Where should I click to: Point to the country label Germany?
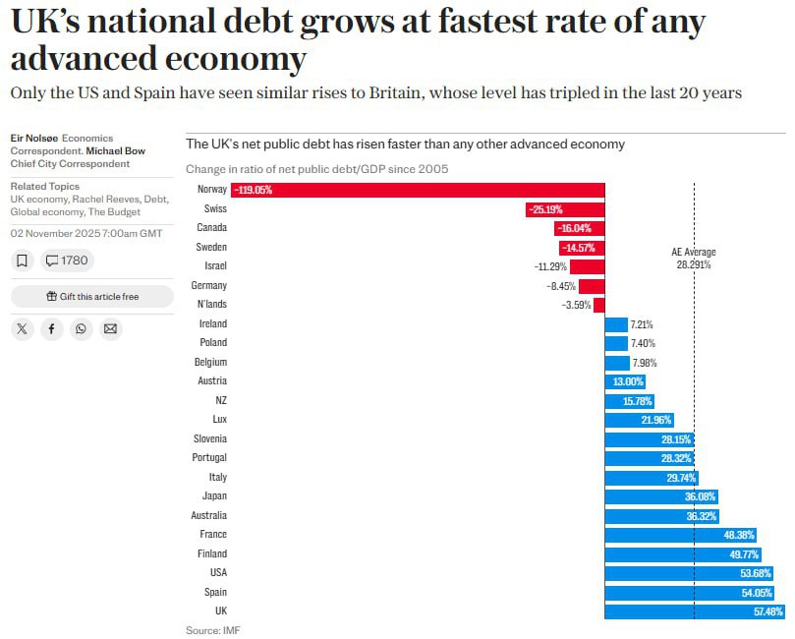[x=209, y=286]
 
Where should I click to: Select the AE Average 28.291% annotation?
[x=694, y=259]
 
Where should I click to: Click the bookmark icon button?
[x=23, y=261]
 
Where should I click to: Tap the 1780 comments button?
[x=68, y=261]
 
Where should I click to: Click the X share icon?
[x=23, y=328]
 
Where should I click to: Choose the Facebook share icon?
[x=51, y=328]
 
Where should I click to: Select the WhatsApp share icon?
[x=81, y=328]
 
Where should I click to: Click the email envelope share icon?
[x=110, y=328]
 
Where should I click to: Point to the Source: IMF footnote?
[x=212, y=630]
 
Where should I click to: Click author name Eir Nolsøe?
[x=33, y=139]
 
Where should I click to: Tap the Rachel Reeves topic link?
[x=115, y=199]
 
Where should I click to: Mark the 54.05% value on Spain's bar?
[x=756, y=593]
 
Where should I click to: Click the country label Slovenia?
[x=207, y=439]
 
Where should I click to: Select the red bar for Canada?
[x=580, y=228]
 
